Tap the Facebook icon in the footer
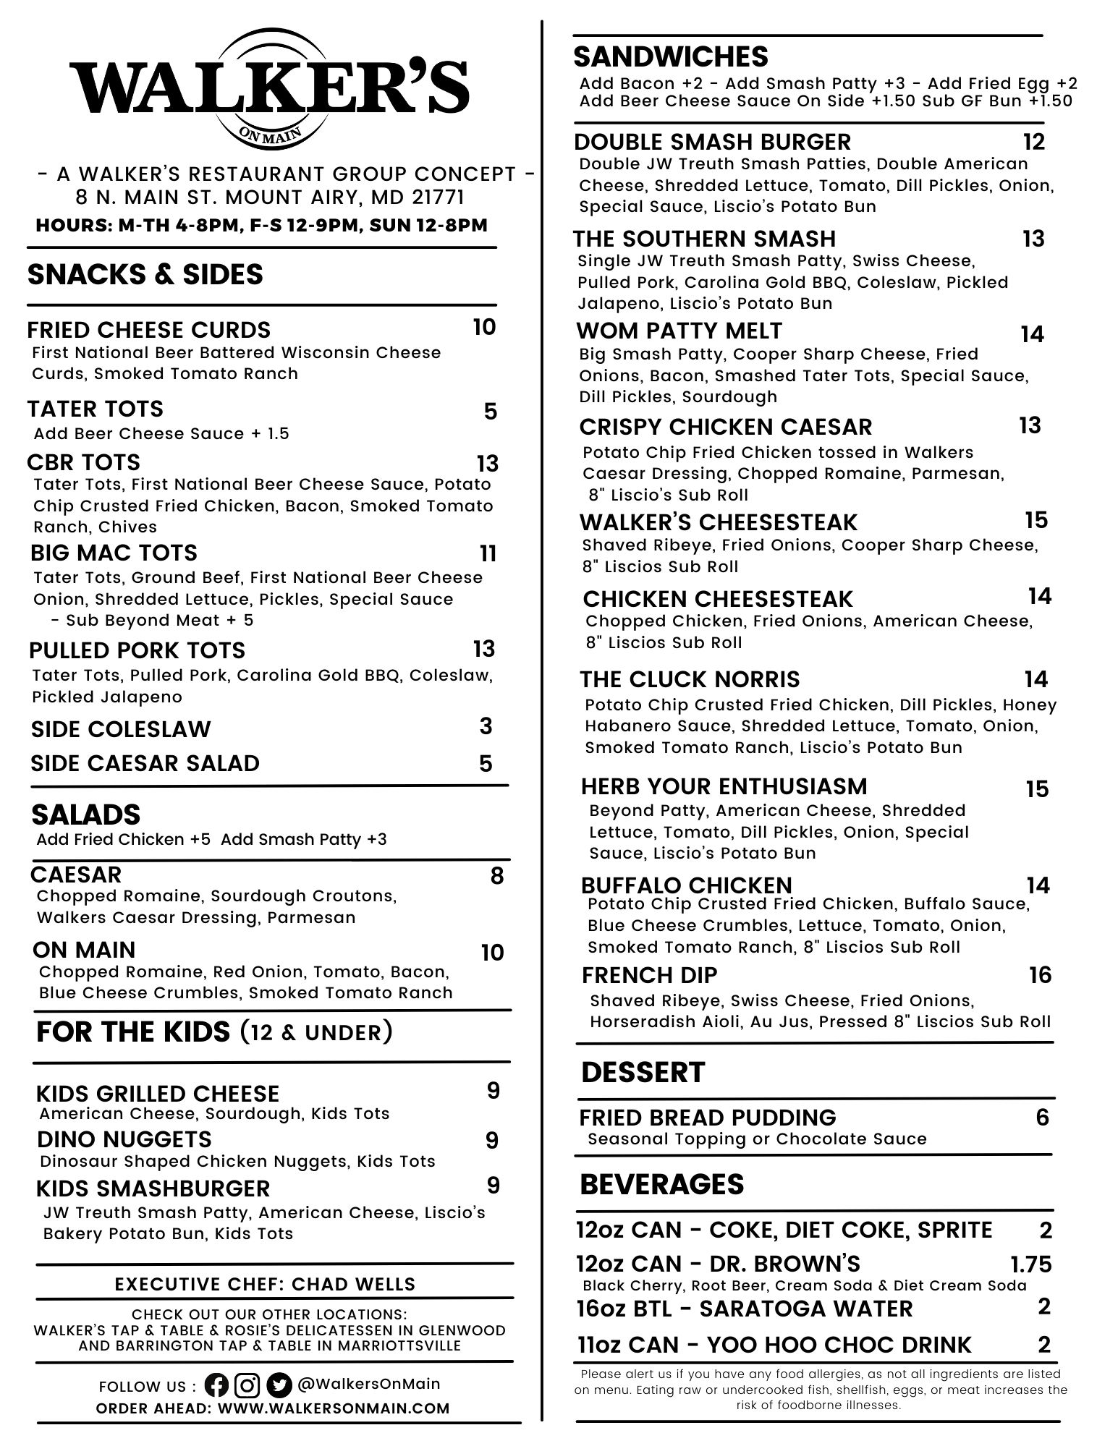click(x=216, y=1385)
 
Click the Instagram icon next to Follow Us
click(x=247, y=1385)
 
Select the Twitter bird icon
click(x=279, y=1385)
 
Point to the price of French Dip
click(x=1040, y=975)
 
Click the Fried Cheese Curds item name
click(x=148, y=330)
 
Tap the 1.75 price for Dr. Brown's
click(x=1030, y=1264)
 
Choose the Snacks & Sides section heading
click(x=145, y=274)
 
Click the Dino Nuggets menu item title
click(x=124, y=1139)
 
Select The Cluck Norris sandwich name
click(x=690, y=679)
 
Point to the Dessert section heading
click(x=643, y=1072)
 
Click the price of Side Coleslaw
click(x=486, y=726)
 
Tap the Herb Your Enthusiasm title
click(x=724, y=786)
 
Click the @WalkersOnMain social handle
click(x=369, y=1384)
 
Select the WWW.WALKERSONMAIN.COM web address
click(x=334, y=1408)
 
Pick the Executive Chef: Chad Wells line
click(x=266, y=1284)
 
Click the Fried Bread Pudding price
click(x=1042, y=1118)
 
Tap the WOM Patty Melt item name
click(x=679, y=331)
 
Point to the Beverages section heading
click(x=662, y=1184)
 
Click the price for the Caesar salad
click(x=496, y=876)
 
